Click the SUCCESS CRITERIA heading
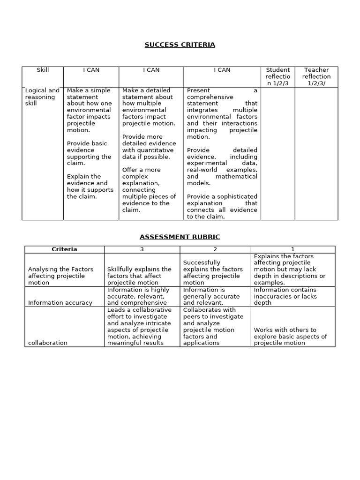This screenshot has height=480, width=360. (x=180, y=45)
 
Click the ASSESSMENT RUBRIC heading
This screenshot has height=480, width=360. (x=180, y=237)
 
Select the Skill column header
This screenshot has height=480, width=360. (x=43, y=70)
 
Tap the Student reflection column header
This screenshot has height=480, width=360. (x=277, y=76)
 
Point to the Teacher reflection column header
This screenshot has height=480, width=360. (x=316, y=76)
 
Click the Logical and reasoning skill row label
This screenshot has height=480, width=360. (x=42, y=97)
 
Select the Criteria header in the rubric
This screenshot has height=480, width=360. (x=64, y=249)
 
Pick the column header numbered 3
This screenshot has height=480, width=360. (x=142, y=249)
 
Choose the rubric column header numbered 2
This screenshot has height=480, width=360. (x=215, y=249)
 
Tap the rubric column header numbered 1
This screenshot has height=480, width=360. (x=292, y=249)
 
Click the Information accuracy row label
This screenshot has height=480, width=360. (x=60, y=303)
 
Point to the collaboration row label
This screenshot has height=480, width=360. (x=47, y=343)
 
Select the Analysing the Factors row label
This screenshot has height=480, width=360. (x=60, y=276)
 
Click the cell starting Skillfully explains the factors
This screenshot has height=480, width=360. (x=139, y=276)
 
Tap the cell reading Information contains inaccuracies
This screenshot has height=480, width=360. (x=285, y=296)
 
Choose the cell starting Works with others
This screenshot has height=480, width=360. (x=290, y=336)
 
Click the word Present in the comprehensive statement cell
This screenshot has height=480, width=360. (x=198, y=90)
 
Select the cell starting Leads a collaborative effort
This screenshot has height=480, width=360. (x=139, y=326)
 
